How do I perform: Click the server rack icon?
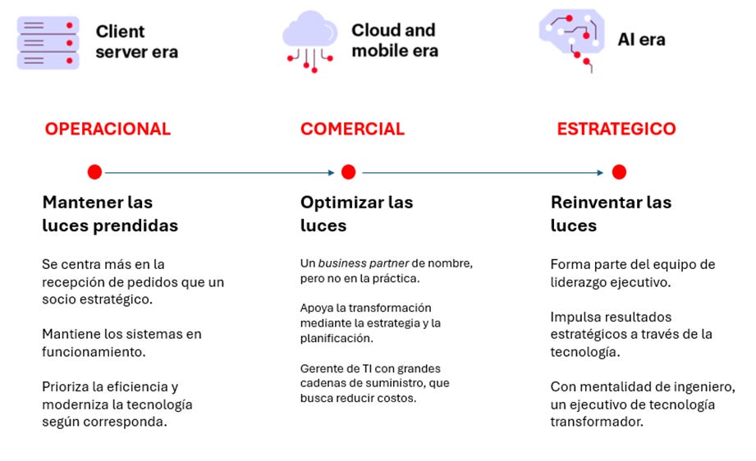point(48,43)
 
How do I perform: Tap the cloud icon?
point(310,42)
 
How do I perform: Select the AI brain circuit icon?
point(571,39)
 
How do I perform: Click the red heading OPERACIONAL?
point(108,129)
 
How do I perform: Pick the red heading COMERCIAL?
point(352,129)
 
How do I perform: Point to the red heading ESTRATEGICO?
point(616,129)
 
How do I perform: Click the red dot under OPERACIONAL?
point(94,172)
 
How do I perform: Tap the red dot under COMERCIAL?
point(348,172)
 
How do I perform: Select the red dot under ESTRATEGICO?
point(619,172)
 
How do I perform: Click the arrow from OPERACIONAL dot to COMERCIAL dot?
point(220,172)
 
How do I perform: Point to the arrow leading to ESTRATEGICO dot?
point(483,172)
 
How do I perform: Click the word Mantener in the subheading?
point(83,203)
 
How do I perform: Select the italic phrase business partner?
point(364,263)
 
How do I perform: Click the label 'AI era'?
point(641,39)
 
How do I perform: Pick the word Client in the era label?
point(120,31)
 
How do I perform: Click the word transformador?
point(597,422)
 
